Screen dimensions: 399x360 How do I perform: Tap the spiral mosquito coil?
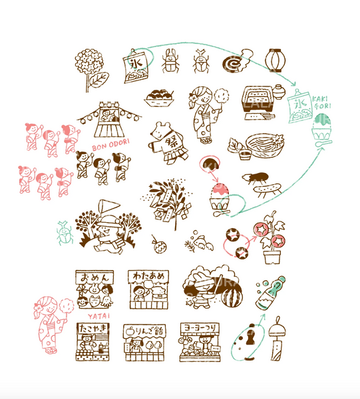(x=234, y=61)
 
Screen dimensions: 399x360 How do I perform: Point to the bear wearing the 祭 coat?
(x=163, y=142)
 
